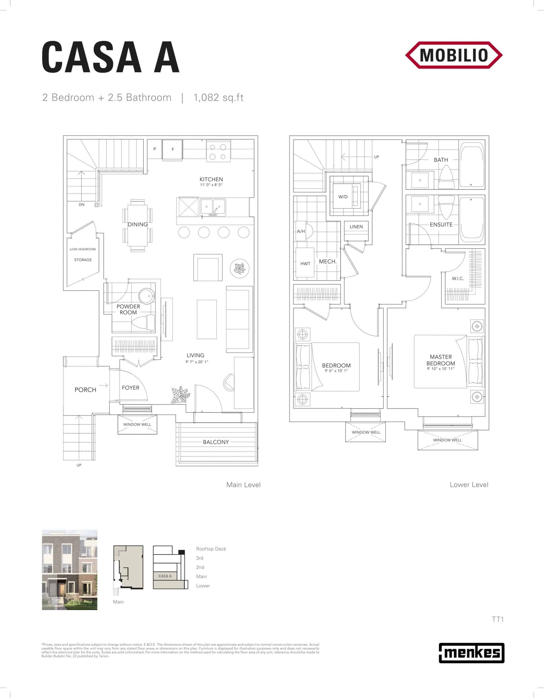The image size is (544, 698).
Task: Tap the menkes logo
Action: point(471,653)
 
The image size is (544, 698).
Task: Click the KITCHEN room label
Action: point(211,179)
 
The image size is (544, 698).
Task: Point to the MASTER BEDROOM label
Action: point(441,360)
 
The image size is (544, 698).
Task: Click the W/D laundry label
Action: point(343,197)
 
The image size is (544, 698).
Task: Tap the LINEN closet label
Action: point(356,227)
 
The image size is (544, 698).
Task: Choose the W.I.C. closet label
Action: point(458,279)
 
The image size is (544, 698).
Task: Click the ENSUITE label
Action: point(441,225)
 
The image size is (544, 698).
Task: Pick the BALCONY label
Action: point(216,442)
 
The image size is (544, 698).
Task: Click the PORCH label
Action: point(85,390)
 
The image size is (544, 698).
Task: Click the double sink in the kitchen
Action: point(213,207)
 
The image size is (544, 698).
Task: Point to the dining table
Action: point(137,225)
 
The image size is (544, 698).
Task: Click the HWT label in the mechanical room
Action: point(305,264)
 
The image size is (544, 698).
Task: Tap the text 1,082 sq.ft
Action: point(218,98)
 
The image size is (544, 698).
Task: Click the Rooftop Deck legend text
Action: point(211,549)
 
